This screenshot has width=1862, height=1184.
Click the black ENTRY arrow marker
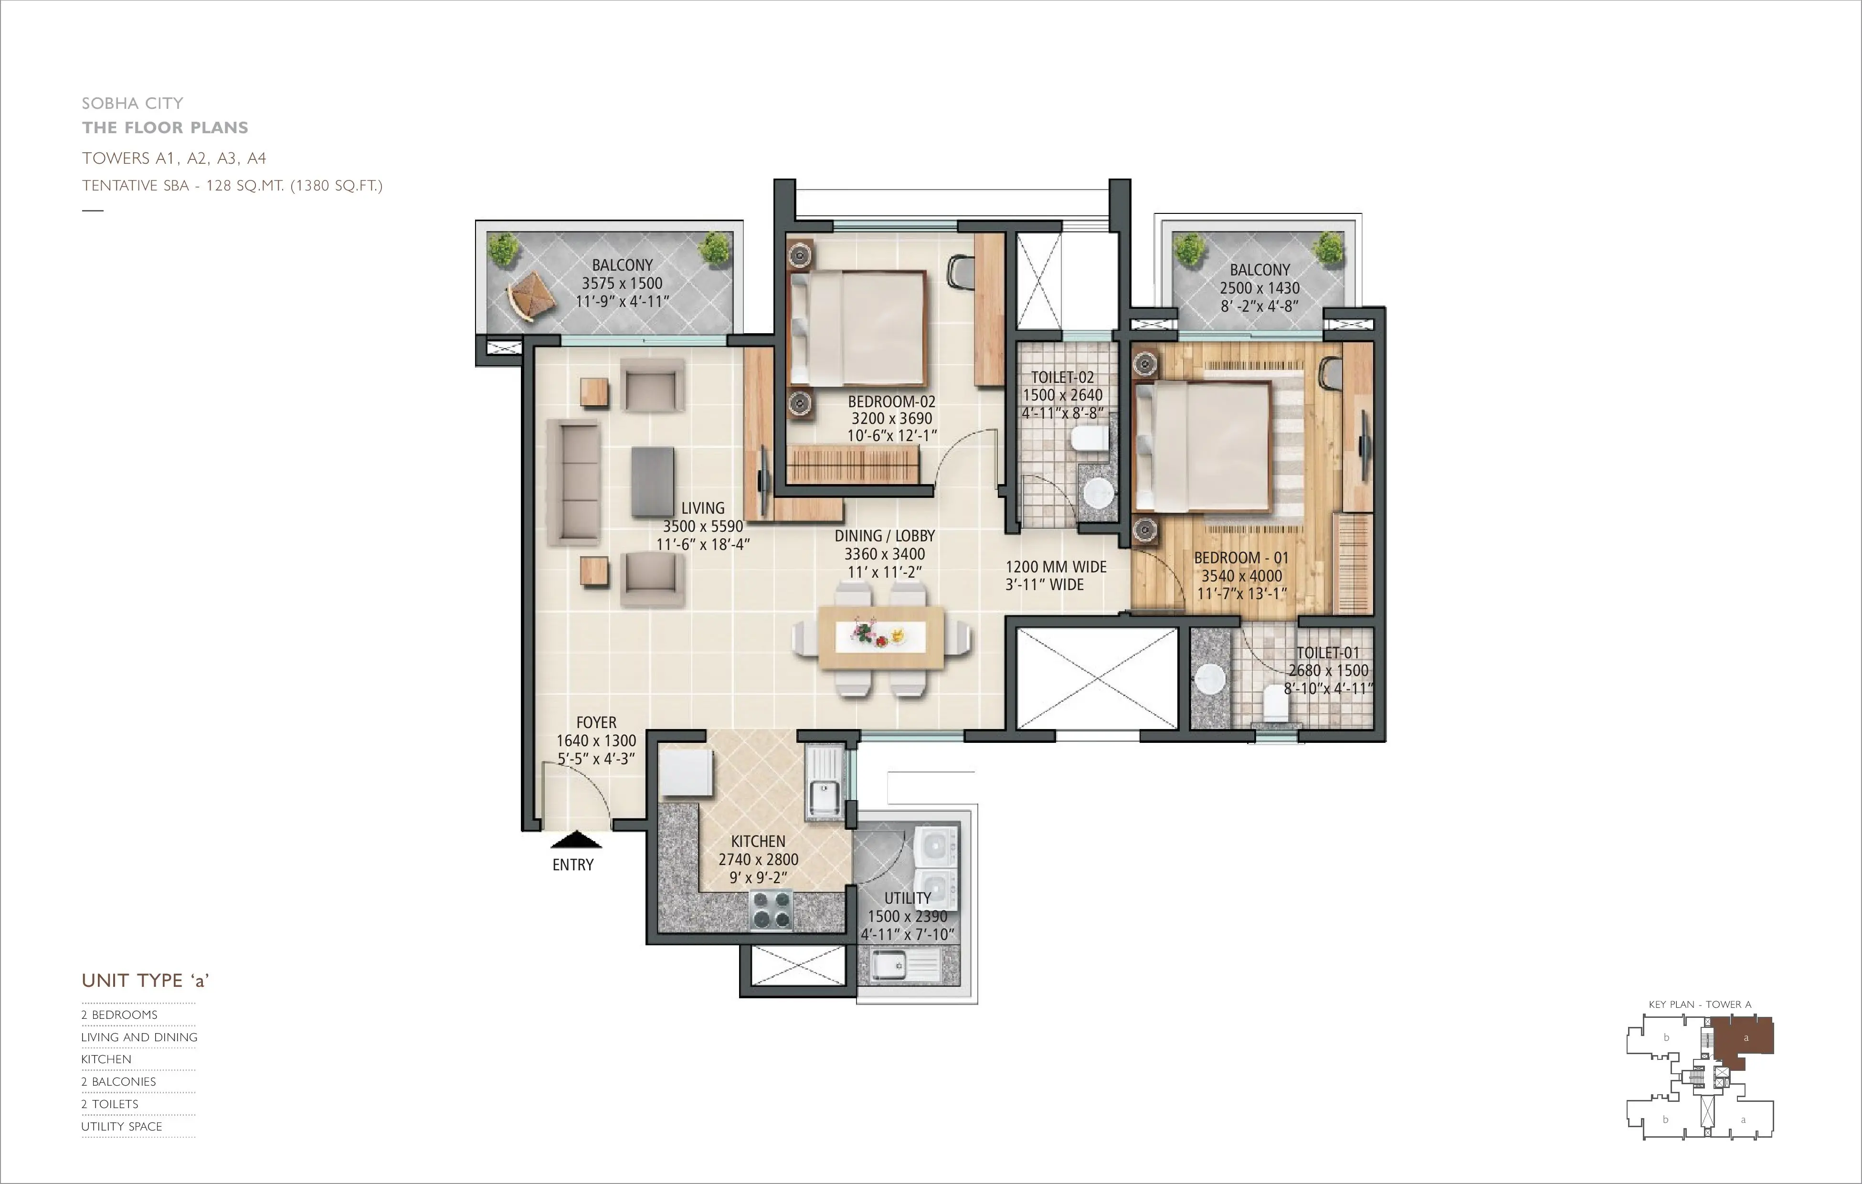[x=575, y=840]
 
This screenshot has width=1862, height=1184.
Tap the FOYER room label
[x=596, y=722]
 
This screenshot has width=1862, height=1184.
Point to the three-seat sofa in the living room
[x=574, y=483]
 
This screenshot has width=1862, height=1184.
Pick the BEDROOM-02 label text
[x=891, y=402]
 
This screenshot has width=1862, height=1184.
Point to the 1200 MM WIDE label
[x=1056, y=567]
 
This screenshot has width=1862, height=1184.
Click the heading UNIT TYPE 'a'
[x=145, y=981]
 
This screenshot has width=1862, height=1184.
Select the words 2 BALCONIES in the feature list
[x=119, y=1082]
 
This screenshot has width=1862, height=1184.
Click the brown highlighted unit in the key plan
[x=1744, y=1040]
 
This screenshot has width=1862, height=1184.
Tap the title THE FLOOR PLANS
[x=166, y=127]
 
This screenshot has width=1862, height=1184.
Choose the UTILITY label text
[x=907, y=898]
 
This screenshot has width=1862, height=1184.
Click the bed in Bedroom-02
[x=857, y=328]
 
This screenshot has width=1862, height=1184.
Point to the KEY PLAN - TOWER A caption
[x=1700, y=1004]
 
